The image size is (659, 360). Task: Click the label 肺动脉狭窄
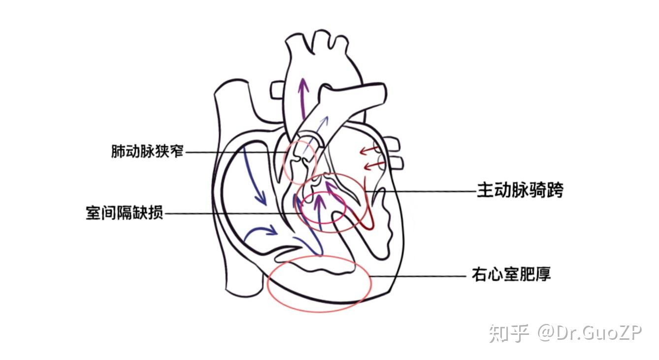(148, 151)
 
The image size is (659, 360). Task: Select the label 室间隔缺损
(124, 213)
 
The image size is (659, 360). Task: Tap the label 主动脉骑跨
(520, 190)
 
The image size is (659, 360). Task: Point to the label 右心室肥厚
(511, 274)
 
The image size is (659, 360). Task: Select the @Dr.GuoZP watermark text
(590, 333)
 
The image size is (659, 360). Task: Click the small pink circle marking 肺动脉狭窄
(299, 162)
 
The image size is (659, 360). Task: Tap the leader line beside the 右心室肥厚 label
(419, 276)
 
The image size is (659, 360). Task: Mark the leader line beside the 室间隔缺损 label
(231, 214)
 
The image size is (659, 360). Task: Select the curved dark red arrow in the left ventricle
(367, 217)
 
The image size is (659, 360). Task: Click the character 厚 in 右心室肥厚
(543, 274)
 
